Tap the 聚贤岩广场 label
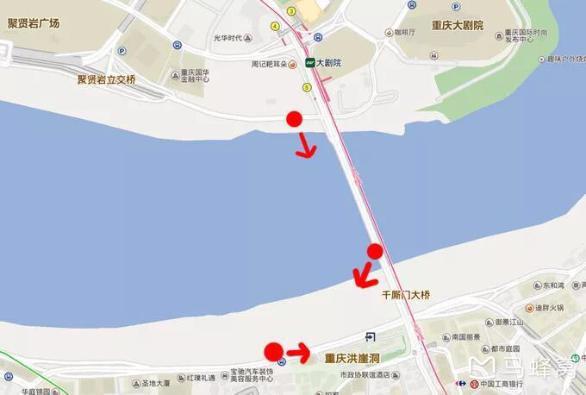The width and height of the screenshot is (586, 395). (x=34, y=23)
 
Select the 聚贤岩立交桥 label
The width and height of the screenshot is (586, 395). (x=107, y=79)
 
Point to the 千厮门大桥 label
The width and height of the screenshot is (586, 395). (x=406, y=294)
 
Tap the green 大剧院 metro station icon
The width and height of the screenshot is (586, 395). (x=309, y=63)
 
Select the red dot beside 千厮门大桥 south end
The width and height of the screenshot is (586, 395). (x=374, y=251)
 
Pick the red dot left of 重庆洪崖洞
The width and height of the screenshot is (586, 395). (x=273, y=351)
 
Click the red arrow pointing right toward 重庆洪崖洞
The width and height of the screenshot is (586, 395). (x=298, y=352)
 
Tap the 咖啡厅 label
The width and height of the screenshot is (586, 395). (x=402, y=31)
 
